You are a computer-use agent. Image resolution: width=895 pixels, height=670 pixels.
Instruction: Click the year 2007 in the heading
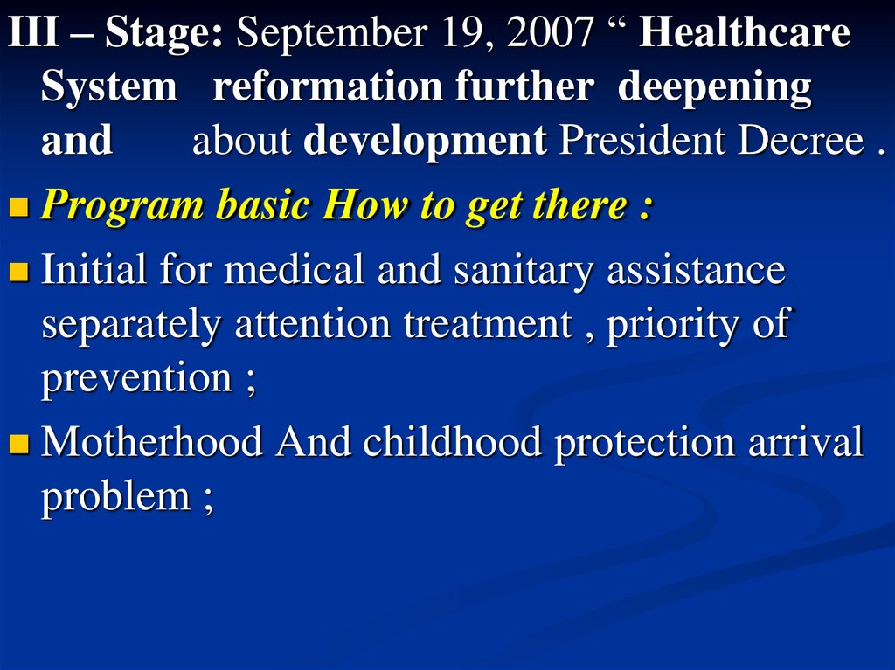[x=550, y=32]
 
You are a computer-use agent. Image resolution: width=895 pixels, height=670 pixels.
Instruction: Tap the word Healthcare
[x=745, y=32]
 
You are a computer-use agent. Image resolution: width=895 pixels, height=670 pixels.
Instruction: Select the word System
[x=109, y=87]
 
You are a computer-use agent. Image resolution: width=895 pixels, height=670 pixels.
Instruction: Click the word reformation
[x=328, y=87]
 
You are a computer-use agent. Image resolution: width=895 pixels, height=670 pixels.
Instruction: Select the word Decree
[x=801, y=141]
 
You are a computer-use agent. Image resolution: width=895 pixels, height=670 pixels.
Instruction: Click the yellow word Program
[x=122, y=206]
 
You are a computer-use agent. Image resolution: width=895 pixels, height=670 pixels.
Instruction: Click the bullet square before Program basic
[x=19, y=208]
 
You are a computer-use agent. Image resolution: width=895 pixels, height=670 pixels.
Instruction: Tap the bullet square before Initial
[x=19, y=272]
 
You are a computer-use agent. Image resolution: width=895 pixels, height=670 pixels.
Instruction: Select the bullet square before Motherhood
[x=19, y=444]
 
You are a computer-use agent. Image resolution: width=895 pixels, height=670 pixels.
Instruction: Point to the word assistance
[x=696, y=270]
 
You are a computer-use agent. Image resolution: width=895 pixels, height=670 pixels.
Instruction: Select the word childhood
[x=452, y=442]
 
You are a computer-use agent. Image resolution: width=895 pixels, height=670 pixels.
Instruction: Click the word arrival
[x=805, y=442]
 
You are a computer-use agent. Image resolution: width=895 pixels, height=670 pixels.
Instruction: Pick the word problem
[x=116, y=497]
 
